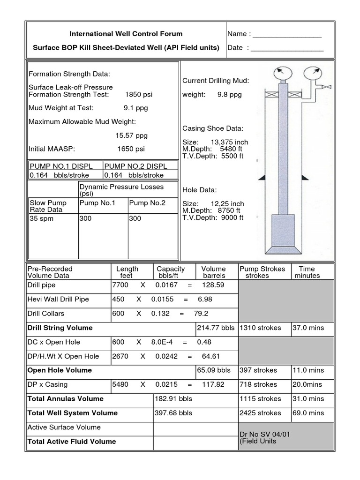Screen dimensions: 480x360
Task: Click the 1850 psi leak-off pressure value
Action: click(x=138, y=94)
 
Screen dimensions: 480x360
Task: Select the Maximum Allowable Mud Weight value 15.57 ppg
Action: click(x=131, y=135)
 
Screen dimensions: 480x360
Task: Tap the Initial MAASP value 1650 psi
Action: click(x=131, y=149)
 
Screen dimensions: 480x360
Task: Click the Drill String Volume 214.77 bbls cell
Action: click(x=216, y=328)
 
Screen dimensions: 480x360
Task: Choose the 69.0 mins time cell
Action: click(x=309, y=413)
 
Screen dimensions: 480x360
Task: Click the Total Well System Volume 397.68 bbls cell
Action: click(x=173, y=413)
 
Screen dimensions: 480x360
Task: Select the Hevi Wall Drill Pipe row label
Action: click(x=59, y=299)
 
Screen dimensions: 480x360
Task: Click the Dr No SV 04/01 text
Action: click(x=264, y=434)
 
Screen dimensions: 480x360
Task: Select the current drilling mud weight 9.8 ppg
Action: click(x=229, y=94)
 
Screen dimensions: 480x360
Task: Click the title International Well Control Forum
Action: click(x=126, y=34)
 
